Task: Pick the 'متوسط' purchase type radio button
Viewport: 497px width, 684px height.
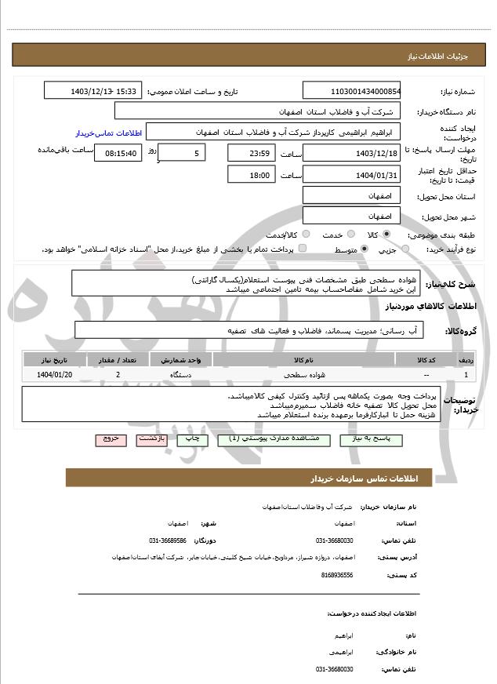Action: [365, 249]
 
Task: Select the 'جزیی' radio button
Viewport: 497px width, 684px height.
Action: [405, 249]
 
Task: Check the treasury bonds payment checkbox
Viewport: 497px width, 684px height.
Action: [303, 249]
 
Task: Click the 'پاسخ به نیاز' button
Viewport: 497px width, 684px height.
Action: [368, 439]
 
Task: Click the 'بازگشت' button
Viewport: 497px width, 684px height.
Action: [151, 439]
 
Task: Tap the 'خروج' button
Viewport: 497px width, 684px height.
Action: [111, 439]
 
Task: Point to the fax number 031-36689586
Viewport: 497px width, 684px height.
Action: [168, 540]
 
